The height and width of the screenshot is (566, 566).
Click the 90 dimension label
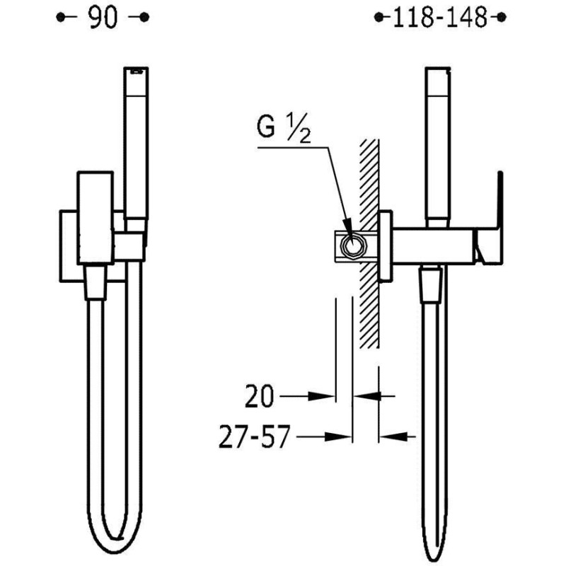[x=103, y=17]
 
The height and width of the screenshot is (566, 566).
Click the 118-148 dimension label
[x=439, y=17]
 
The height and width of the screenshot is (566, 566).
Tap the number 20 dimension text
[x=259, y=396]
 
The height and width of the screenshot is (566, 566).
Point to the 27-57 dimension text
[x=255, y=437]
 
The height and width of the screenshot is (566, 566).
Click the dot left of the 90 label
[x=61, y=17]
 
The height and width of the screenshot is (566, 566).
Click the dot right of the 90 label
[x=144, y=17]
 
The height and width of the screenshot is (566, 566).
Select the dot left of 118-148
[x=379, y=17]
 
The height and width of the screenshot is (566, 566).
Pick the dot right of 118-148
[x=502, y=17]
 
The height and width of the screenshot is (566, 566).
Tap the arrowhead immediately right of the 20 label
[x=321, y=396]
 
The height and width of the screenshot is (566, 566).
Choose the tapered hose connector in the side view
[x=430, y=283]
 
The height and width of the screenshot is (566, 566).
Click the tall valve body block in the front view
[x=96, y=218]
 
